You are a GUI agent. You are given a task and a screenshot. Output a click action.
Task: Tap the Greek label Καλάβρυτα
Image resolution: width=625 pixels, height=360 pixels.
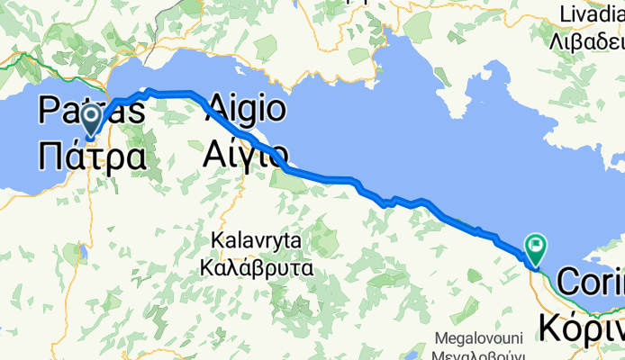(260, 266)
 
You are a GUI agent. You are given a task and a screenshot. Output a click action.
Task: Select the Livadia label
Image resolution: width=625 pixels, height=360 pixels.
(592, 14)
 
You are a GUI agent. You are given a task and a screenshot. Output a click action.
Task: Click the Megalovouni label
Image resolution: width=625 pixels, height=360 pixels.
(479, 338)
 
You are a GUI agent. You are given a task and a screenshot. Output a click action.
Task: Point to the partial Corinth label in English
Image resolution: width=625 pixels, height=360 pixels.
(590, 282)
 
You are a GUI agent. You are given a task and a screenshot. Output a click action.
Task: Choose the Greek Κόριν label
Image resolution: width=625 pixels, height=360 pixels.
(581, 324)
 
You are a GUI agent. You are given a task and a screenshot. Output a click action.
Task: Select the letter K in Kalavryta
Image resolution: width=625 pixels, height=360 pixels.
(215, 241)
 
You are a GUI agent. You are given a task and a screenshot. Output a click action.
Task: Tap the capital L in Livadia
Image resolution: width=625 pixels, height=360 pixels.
(565, 14)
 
